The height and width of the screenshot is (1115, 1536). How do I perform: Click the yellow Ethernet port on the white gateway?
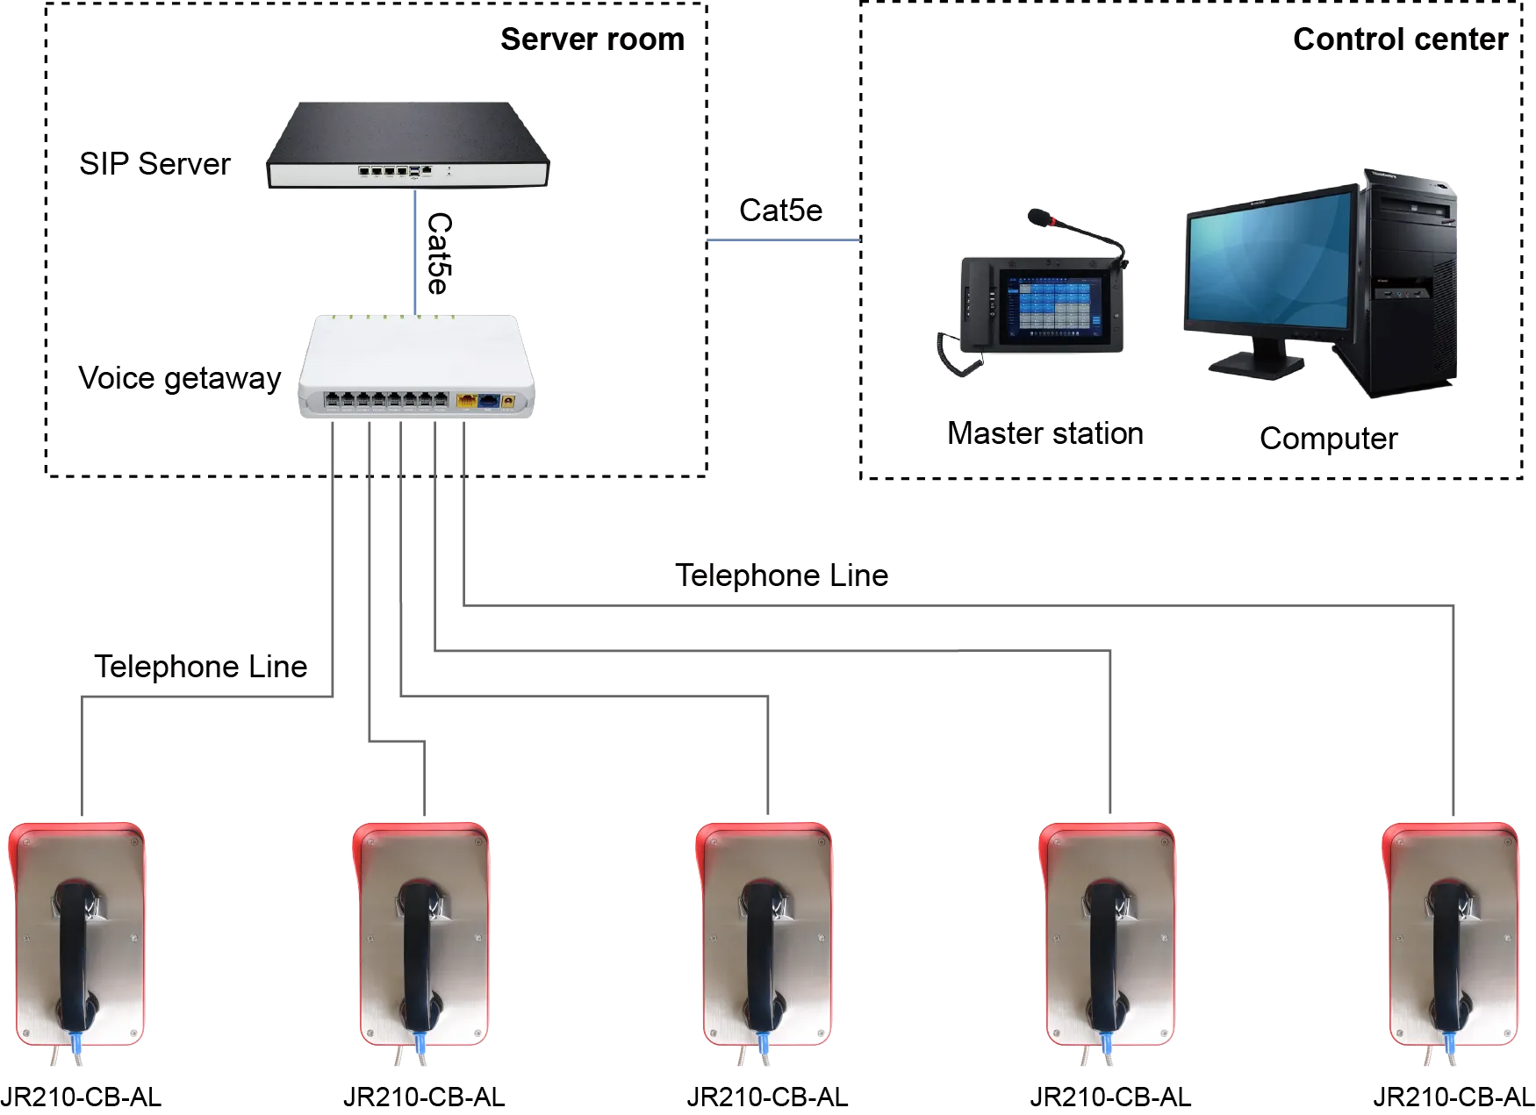(466, 401)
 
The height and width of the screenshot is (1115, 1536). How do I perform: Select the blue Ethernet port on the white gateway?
(487, 401)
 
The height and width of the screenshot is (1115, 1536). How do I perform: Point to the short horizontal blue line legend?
(784, 241)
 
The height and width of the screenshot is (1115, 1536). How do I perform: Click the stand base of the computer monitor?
(1255, 366)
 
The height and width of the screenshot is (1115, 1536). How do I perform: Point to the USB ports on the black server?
(413, 169)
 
